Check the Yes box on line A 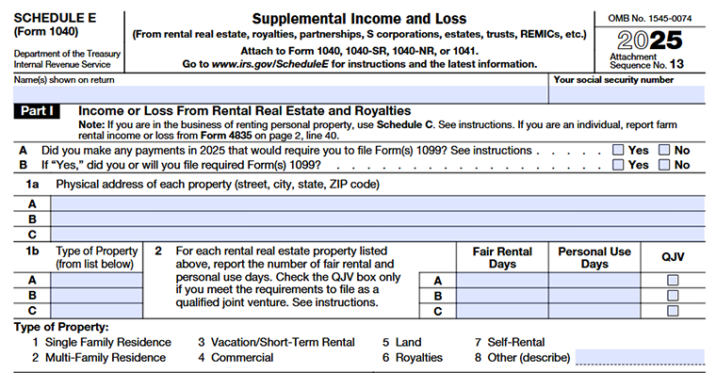pyautogui.click(x=618, y=150)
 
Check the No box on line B pyautogui.click(x=665, y=165)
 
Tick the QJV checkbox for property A pyautogui.click(x=673, y=280)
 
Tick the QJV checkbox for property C pyautogui.click(x=673, y=310)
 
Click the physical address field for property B pyautogui.click(x=377, y=219)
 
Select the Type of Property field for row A pyautogui.click(x=96, y=280)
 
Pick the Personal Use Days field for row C pyautogui.click(x=594, y=310)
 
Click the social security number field pyautogui.click(x=626, y=94)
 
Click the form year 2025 pyautogui.click(x=650, y=41)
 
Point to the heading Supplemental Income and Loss pyautogui.click(x=358, y=18)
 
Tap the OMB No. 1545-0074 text pyautogui.click(x=650, y=17)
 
